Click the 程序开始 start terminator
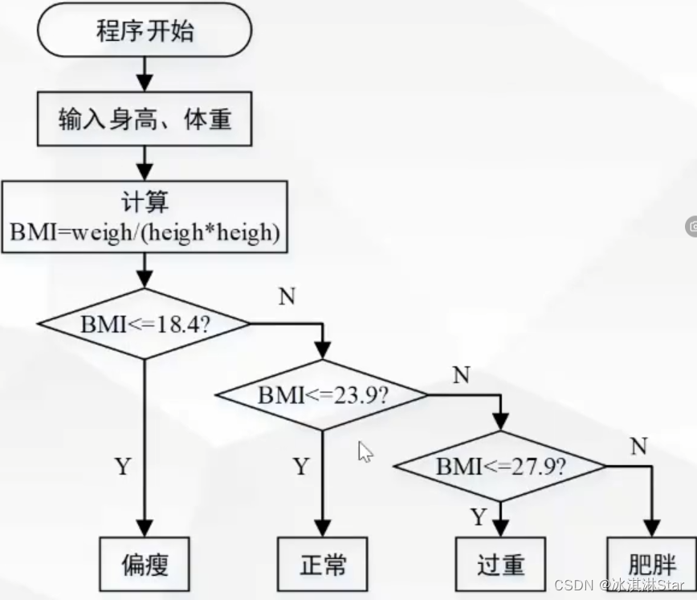[145, 31]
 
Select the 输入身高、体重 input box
[145, 119]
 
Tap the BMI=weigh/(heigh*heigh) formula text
[145, 232]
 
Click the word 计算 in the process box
[145, 201]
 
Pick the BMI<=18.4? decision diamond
[144, 324]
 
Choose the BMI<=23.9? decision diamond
[322, 394]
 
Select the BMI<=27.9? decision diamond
[500, 466]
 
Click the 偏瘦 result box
[145, 564]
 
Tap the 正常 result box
[323, 564]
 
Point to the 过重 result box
[500, 564]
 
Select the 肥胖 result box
[652, 564]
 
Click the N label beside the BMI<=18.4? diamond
[287, 296]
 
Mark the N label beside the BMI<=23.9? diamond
[462, 375]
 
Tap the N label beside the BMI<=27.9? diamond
[639, 446]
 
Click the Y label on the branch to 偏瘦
[123, 466]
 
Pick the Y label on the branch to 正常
[301, 466]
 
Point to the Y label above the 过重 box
[479, 516]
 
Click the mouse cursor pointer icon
[365, 451]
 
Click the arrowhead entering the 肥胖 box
[652, 529]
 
